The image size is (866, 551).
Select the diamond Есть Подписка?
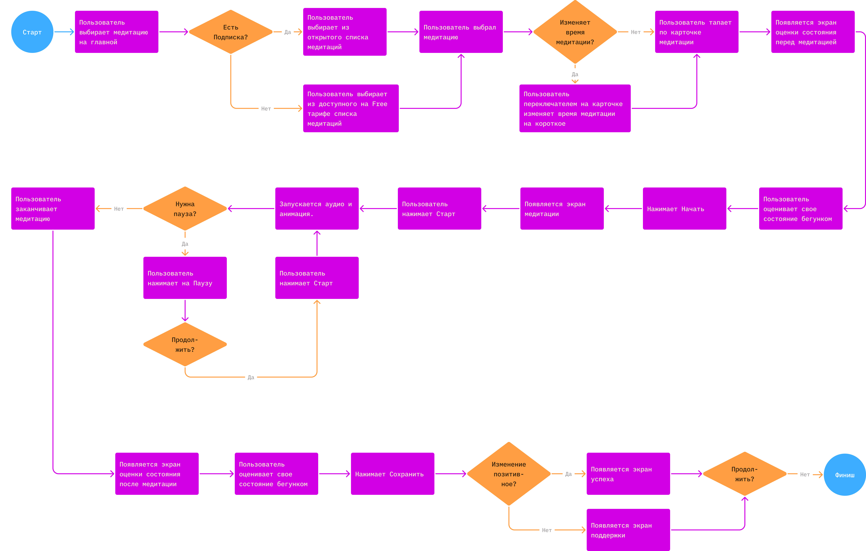tap(231, 32)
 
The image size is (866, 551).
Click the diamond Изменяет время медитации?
tap(575, 32)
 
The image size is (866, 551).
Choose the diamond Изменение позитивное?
tap(509, 474)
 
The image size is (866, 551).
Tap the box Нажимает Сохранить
tap(392, 474)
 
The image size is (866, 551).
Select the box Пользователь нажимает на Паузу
tap(185, 278)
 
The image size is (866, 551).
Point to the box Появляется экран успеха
tap(628, 474)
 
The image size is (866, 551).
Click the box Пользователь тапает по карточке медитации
tap(697, 32)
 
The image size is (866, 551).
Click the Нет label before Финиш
tap(805, 474)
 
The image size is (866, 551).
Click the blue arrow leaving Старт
tap(64, 32)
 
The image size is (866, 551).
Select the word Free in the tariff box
tap(380, 104)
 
